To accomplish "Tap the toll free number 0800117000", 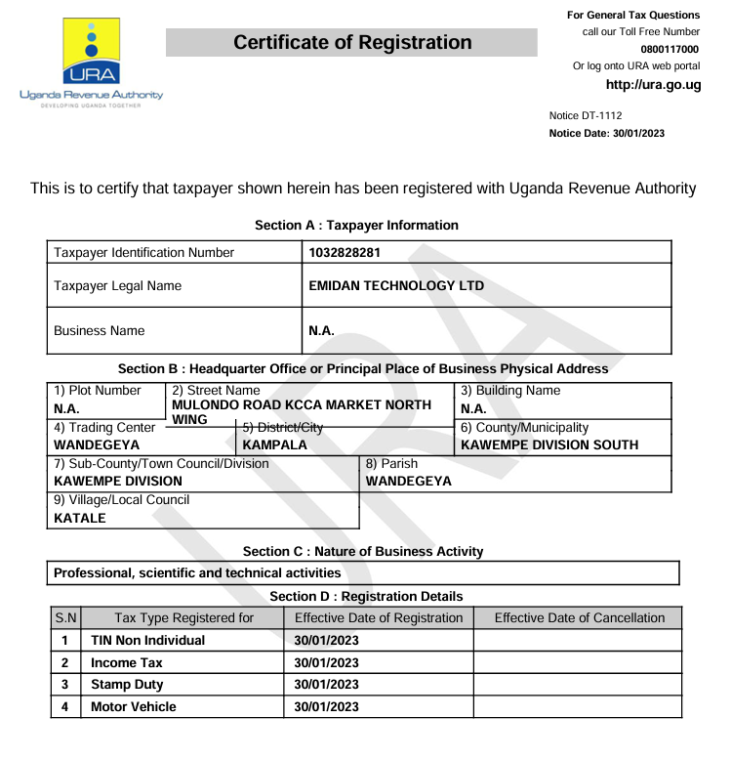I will (x=670, y=49).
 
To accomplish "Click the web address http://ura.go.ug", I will (x=653, y=85).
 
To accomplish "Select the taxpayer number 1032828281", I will (x=339, y=253).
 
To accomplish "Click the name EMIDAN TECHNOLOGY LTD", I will (x=396, y=286).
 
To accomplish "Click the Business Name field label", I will (x=99, y=331).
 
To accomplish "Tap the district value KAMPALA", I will (x=274, y=444).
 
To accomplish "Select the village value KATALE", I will (x=80, y=517).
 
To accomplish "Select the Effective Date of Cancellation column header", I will (x=579, y=617).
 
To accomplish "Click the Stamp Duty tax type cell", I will (x=127, y=685).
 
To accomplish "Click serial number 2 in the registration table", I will (x=63, y=662).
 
